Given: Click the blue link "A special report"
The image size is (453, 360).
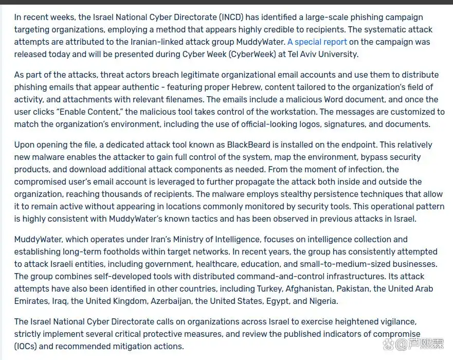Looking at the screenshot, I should click(317, 42).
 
